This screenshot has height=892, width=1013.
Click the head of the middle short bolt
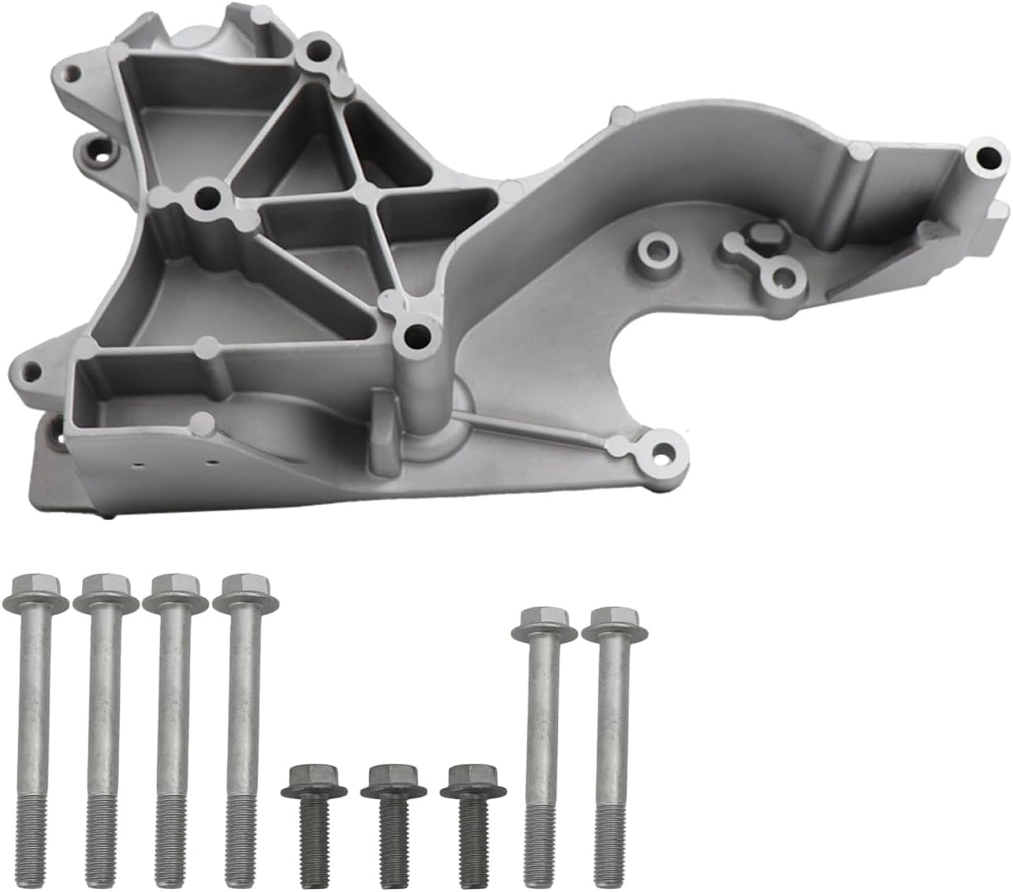[392, 781]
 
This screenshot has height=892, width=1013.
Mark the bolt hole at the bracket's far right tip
[984, 155]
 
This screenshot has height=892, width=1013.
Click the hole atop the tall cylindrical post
[415, 337]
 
